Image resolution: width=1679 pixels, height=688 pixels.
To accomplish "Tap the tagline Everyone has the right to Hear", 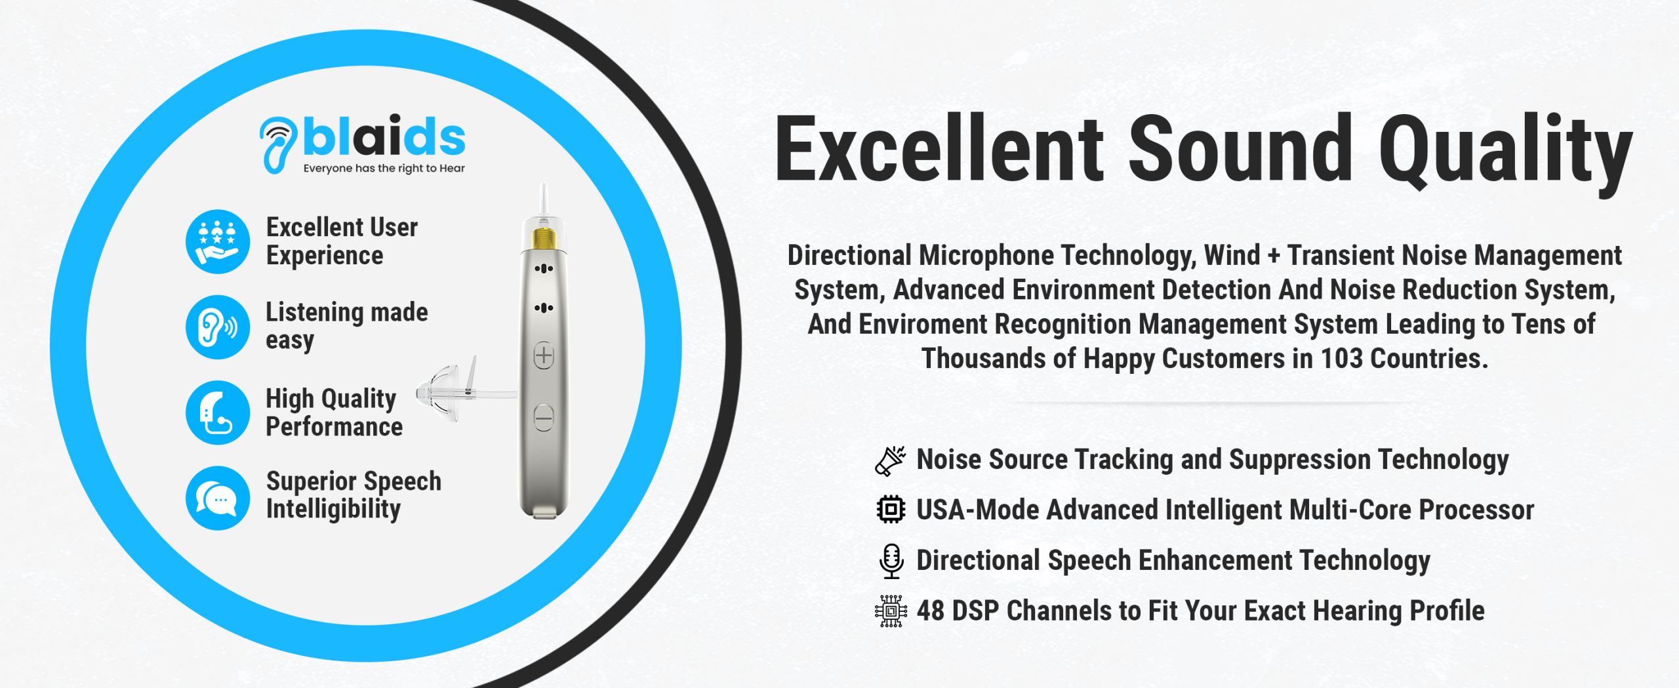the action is point(384,169).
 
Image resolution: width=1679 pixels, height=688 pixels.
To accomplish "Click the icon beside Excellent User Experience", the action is point(218,241).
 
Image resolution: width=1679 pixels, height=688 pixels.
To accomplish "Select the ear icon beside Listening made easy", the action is point(218,327).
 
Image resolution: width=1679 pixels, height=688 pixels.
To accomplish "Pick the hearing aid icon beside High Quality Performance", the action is point(218,413).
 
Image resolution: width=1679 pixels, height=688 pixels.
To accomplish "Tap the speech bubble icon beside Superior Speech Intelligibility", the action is point(218,498).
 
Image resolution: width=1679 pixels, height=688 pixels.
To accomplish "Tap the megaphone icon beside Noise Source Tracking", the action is point(891,460).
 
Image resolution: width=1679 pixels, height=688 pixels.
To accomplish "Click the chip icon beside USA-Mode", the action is point(891,510).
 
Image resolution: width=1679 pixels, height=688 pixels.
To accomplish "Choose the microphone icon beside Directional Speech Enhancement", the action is point(891,561).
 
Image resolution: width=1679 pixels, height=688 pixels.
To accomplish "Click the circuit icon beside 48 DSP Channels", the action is point(891,611).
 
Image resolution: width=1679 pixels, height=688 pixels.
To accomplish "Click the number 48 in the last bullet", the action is point(931,611).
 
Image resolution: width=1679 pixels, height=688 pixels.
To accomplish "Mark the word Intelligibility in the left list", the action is point(333,510).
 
